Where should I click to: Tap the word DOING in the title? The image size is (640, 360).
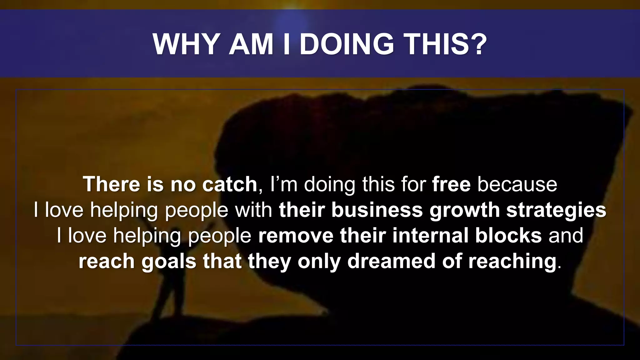click(x=346, y=44)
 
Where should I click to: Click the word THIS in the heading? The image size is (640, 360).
click(x=436, y=44)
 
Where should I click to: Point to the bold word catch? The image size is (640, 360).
click(x=230, y=184)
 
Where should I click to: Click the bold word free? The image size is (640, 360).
click(x=451, y=184)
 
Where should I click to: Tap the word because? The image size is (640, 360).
click(x=517, y=184)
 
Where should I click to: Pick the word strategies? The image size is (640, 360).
click(x=556, y=210)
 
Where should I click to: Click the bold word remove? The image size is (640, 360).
click(x=296, y=235)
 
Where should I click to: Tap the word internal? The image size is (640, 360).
click(x=431, y=235)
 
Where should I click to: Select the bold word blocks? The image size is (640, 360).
click(x=508, y=235)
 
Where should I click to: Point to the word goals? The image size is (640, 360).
click(x=169, y=262)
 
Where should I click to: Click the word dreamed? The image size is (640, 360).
click(x=391, y=261)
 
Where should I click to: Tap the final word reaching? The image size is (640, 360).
click(x=512, y=262)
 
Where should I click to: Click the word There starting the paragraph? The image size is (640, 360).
click(x=111, y=184)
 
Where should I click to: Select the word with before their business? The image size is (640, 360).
click(x=253, y=210)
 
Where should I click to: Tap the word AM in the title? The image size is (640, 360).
click(x=251, y=44)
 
